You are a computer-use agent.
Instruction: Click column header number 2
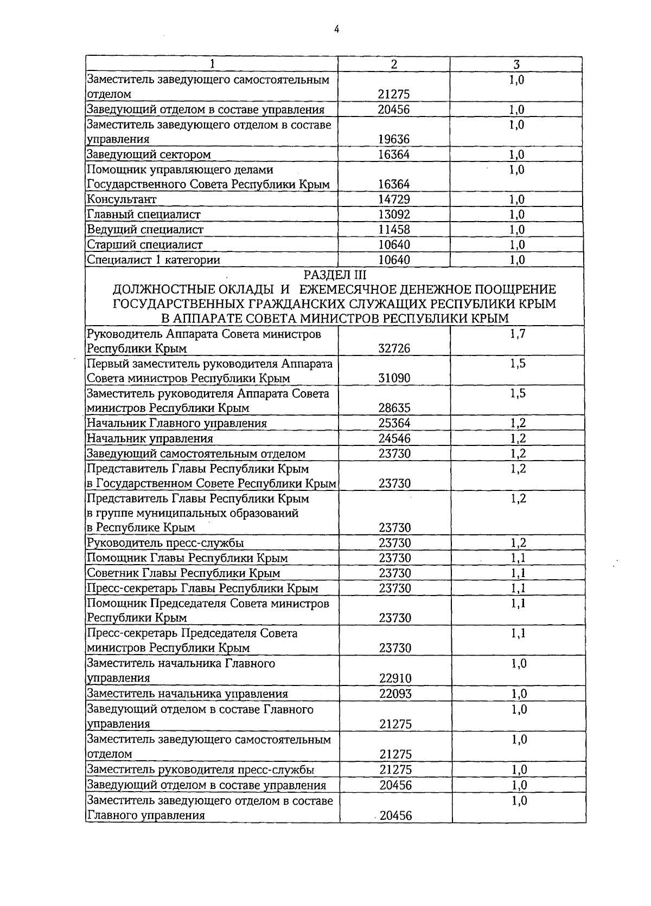pyautogui.click(x=394, y=64)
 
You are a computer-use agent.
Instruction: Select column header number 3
pyautogui.click(x=517, y=64)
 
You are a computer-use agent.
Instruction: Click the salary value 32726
pyautogui.click(x=394, y=349)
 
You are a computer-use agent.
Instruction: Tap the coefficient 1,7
pyautogui.click(x=518, y=334)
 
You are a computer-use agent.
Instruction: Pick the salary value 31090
pyautogui.click(x=394, y=379)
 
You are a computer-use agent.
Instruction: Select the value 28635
pyautogui.click(x=394, y=409)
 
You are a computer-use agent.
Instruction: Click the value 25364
pyautogui.click(x=394, y=424)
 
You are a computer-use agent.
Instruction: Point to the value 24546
pyautogui.click(x=394, y=439)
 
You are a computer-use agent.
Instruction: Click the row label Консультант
pyautogui.click(x=122, y=199)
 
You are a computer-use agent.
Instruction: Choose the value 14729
pyautogui.click(x=394, y=199)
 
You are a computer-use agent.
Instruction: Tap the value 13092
pyautogui.click(x=394, y=215)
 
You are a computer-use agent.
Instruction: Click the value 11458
pyautogui.click(x=394, y=230)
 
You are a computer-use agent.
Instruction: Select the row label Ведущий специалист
pyautogui.click(x=145, y=230)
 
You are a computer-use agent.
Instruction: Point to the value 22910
pyautogui.click(x=395, y=678)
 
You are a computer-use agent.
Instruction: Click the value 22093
pyautogui.click(x=395, y=694)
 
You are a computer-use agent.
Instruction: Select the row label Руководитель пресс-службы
pyautogui.click(x=165, y=543)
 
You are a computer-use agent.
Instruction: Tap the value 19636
pyautogui.click(x=394, y=139)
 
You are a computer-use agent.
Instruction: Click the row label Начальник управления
pyautogui.click(x=150, y=439)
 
